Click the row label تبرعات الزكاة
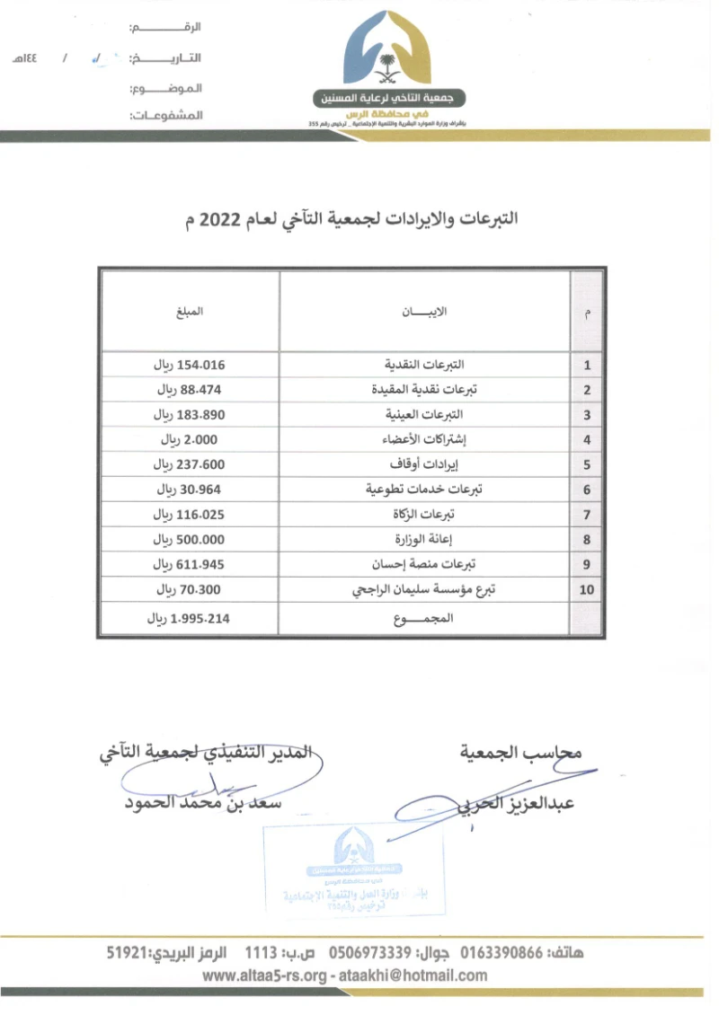[x=425, y=515]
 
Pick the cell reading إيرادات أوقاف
[x=425, y=464]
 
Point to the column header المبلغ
[x=190, y=312]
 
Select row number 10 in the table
[x=587, y=590]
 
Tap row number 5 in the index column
[x=587, y=465]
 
